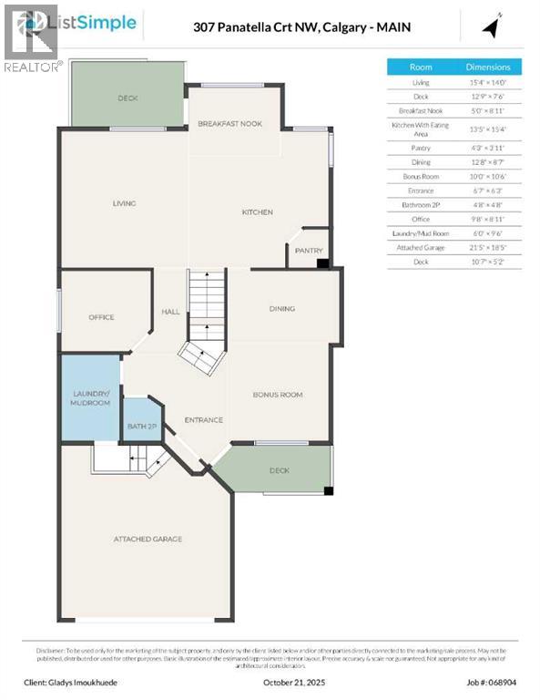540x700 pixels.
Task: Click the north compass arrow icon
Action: [x=493, y=26]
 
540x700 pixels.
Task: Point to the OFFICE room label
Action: [x=101, y=317]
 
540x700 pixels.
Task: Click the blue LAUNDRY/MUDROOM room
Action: [x=90, y=398]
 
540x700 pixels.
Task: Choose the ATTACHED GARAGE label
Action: [x=148, y=539]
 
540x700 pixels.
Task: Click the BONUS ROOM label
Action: [x=278, y=395]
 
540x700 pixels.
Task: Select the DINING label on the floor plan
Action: [x=282, y=309]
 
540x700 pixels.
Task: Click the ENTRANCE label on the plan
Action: [x=203, y=420]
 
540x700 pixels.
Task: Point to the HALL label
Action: [x=170, y=312]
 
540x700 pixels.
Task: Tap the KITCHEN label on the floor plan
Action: [x=257, y=212]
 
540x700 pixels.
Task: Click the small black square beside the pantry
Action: [x=321, y=263]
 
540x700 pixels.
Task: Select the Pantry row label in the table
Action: [x=420, y=148]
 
